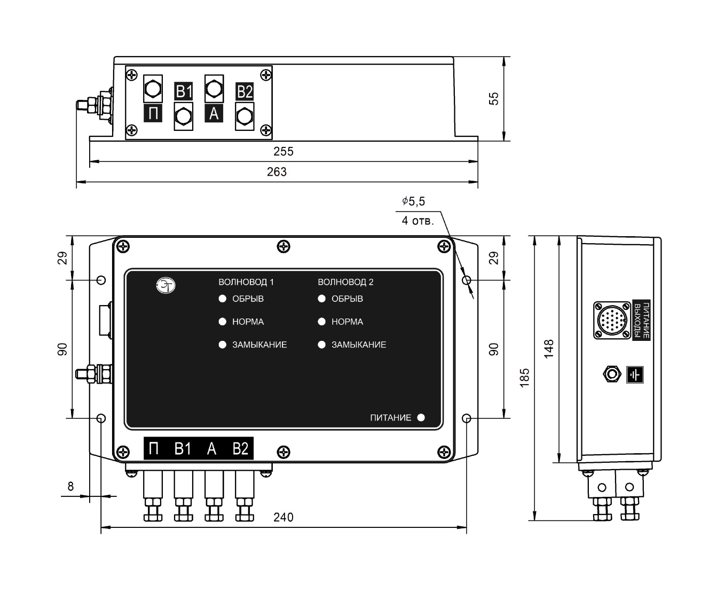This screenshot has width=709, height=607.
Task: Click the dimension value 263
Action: [x=277, y=172]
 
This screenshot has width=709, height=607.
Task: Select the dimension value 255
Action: [x=283, y=151]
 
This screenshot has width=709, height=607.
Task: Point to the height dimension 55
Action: [x=494, y=98]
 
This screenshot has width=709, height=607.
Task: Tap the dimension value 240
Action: [x=283, y=517]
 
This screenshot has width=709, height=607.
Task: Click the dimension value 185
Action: [x=525, y=378]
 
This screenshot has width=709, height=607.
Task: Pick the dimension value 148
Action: [x=549, y=349]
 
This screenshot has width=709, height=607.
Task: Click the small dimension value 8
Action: [x=70, y=486]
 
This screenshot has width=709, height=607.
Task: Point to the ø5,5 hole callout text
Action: [x=414, y=201]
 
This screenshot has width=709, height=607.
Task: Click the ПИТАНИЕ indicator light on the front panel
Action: [x=421, y=417]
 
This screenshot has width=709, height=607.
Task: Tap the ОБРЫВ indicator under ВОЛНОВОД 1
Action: [x=223, y=299]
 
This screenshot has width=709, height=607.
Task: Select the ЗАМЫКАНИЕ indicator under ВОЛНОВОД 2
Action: [x=322, y=345]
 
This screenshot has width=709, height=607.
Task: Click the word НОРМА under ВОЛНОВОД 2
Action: [x=347, y=322]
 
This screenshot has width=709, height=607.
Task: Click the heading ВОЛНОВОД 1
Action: [x=246, y=282]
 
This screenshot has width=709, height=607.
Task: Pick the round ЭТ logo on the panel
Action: [x=166, y=285]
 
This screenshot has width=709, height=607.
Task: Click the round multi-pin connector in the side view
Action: [x=612, y=320]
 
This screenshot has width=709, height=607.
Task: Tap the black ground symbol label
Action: [x=635, y=375]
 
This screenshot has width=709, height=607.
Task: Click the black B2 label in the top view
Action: [x=245, y=92]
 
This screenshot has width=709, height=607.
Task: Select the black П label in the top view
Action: [x=153, y=113]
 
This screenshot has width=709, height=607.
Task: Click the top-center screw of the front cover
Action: [x=283, y=246]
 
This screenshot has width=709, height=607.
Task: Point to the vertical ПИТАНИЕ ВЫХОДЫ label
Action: [x=641, y=320]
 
